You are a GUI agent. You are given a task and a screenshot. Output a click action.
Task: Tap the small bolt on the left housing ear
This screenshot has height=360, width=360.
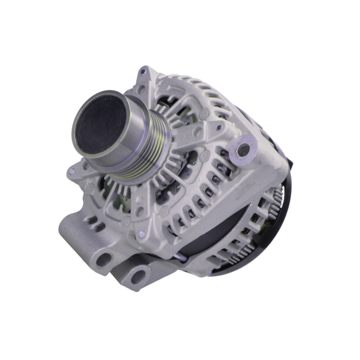72,171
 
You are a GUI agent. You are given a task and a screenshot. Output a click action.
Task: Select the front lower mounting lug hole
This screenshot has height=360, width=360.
105,259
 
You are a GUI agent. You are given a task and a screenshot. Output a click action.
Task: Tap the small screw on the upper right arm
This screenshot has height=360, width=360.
219,128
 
